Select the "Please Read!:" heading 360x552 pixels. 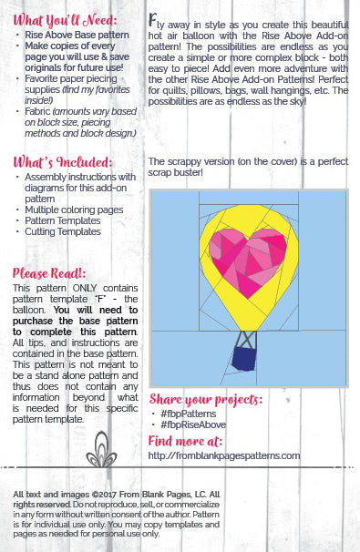tap(50, 271)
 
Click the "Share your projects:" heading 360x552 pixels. tap(205, 399)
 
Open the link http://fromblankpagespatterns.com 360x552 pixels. tap(223, 455)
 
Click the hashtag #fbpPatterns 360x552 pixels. tap(188, 414)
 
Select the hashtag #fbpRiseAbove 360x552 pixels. tap(191, 424)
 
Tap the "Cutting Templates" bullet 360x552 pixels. tap(64, 232)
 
